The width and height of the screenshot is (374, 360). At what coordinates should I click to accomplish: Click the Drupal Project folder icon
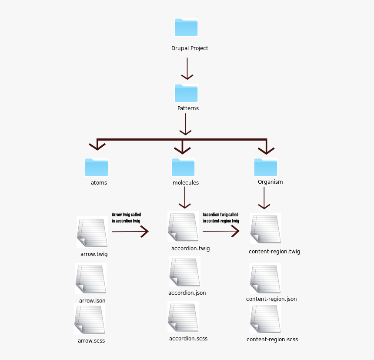point(186,27)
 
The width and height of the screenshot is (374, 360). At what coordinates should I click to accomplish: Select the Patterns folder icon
point(186,93)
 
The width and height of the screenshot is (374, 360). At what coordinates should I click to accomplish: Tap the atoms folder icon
point(97,167)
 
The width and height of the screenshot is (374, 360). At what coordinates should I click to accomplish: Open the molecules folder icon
point(183,167)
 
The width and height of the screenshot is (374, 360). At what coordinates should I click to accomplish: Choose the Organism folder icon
point(266,167)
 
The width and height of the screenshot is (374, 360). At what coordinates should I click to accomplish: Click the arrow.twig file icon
point(92,232)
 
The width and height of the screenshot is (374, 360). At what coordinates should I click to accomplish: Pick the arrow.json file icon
point(91,279)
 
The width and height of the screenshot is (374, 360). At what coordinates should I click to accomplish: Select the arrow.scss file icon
point(90,319)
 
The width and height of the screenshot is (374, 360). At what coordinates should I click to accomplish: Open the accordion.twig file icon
point(183,227)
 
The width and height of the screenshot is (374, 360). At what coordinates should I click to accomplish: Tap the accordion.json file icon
point(185,272)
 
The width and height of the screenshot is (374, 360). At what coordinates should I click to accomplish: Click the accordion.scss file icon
point(183,317)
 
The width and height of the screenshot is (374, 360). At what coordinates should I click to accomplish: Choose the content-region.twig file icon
point(266,229)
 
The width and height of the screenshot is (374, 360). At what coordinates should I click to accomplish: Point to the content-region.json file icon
point(265,279)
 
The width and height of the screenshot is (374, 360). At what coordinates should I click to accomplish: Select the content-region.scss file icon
point(265,319)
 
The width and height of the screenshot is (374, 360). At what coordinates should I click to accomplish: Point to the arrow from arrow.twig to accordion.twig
point(130,232)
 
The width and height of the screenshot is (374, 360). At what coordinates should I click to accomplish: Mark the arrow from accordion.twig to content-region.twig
point(221,231)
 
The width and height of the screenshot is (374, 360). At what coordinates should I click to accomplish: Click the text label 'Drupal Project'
point(190,48)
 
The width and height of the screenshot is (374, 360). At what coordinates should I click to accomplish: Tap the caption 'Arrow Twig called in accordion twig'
point(126,218)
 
